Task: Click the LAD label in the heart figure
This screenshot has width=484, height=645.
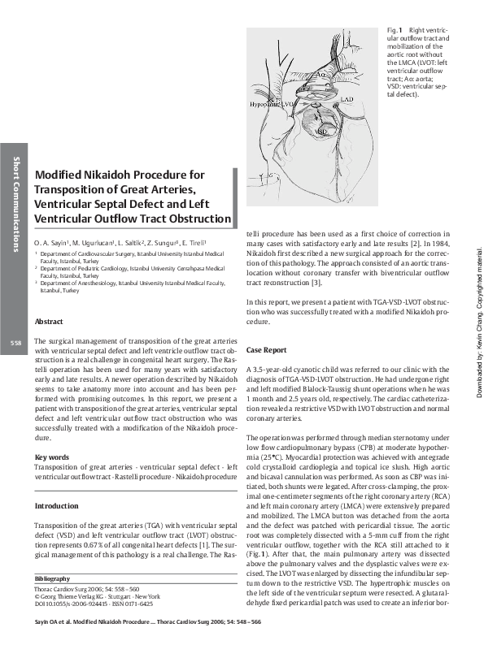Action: pos(347,99)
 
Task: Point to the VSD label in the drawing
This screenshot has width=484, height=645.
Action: pos(322,130)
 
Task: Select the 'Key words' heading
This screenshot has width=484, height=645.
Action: pos(51,457)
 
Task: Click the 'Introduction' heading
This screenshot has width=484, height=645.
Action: pos(56,506)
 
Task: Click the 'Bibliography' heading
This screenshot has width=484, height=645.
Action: pos(54,578)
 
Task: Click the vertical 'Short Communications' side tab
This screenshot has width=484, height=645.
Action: pos(15,203)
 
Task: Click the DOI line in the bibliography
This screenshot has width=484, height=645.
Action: pos(94,604)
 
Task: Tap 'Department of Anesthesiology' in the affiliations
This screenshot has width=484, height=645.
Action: pos(85,283)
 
